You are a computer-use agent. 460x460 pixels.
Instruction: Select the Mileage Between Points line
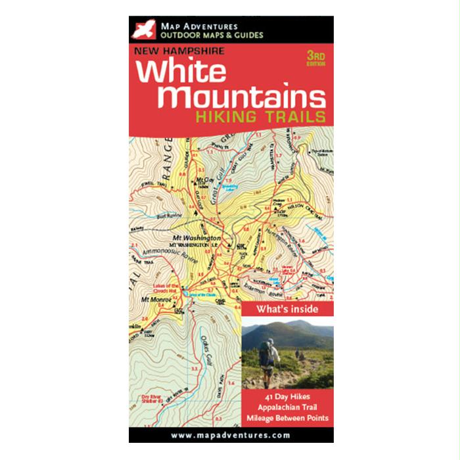pyautogui.click(x=288, y=417)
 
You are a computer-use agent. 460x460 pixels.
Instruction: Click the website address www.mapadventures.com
pyautogui.click(x=230, y=434)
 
